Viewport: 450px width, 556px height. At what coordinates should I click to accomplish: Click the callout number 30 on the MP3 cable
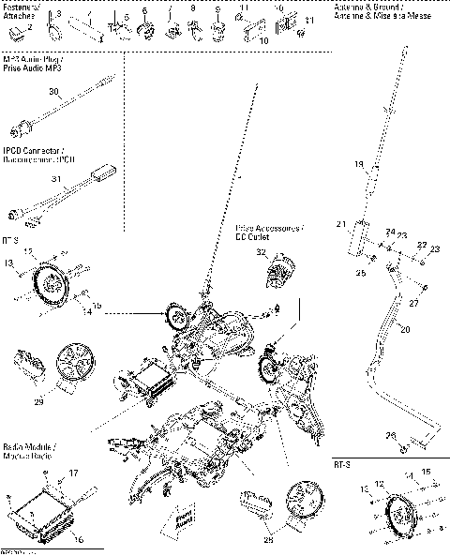[x=54, y=92]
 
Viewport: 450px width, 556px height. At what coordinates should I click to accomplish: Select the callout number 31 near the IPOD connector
[x=56, y=179]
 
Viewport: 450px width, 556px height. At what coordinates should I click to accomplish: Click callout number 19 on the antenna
[x=358, y=165]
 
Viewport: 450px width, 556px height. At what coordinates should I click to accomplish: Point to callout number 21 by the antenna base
[x=341, y=223]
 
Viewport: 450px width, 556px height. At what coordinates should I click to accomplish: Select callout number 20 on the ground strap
[x=405, y=329]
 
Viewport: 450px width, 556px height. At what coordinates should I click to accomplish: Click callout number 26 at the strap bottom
[x=391, y=436]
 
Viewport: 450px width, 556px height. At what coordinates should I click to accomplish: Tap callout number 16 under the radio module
[x=77, y=539]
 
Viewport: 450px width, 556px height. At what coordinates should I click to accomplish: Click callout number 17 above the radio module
[x=74, y=473]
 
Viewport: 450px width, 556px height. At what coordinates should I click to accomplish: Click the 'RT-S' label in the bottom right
[x=342, y=464]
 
